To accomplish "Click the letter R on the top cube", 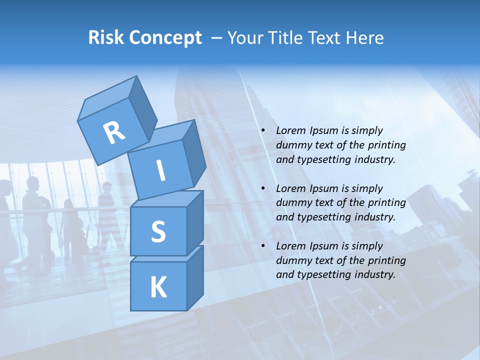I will point(114,132).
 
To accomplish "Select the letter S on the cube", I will point(158,231).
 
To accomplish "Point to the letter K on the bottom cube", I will point(158,287).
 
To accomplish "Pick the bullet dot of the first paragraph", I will point(263,130).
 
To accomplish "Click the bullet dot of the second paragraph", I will point(263,188).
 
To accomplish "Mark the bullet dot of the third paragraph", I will point(263,246).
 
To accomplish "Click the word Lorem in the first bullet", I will point(289,130).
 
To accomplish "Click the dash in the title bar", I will point(217,37).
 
